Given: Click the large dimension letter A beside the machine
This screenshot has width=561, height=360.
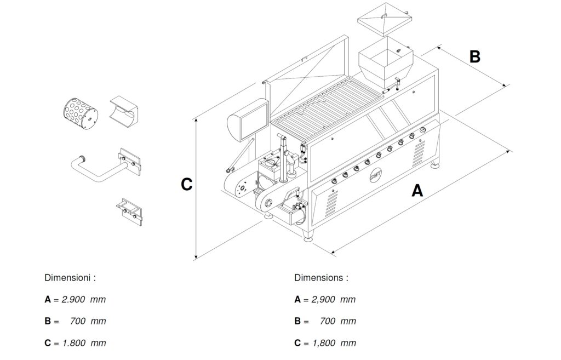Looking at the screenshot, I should coord(417,191).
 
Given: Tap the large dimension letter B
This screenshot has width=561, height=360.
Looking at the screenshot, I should coord(475,56).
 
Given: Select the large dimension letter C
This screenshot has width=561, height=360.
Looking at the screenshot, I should coord(186,185).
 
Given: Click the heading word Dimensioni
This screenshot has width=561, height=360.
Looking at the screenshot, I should coord(70,278).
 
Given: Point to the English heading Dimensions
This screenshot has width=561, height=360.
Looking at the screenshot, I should coord(320,278).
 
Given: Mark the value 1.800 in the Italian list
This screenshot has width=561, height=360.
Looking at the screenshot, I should coord(74,344).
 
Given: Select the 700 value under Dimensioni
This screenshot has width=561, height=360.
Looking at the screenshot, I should coord(78,322).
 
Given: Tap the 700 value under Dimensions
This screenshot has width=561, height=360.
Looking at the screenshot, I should coord(328,322).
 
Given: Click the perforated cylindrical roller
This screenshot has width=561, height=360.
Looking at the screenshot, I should coord(79,113).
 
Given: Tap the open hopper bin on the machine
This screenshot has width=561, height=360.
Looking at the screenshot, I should coord(387,62).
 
